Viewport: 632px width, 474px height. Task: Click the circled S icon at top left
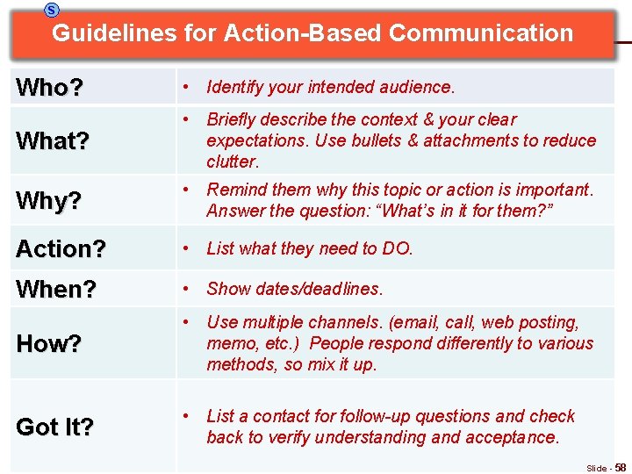pos(52,9)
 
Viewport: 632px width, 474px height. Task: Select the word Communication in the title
pos(480,33)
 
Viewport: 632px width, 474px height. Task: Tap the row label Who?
pos(50,88)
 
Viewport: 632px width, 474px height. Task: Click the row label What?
pos(53,141)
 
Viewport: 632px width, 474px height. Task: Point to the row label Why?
pos(49,201)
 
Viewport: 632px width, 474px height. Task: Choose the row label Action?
pos(61,249)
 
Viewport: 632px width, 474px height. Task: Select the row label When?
pos(57,289)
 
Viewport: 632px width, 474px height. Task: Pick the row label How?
pos(49,344)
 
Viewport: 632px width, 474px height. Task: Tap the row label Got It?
pos(55,427)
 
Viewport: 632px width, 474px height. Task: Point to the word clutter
pos(232,162)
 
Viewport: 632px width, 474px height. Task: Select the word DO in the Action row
pos(395,248)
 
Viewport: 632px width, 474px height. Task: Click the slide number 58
pos(620,468)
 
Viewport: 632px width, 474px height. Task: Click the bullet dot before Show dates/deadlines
pos(186,289)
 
